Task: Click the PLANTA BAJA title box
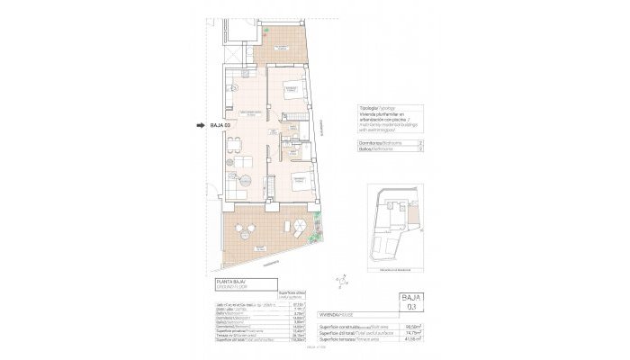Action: [x=236, y=287]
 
